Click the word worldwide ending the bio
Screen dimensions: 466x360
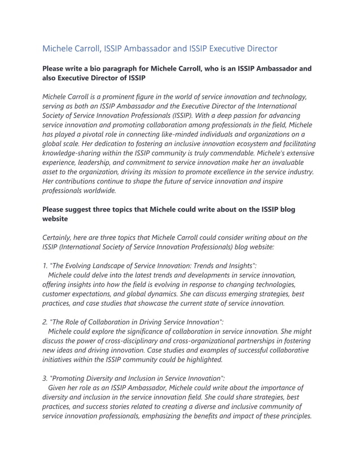pos(98,190)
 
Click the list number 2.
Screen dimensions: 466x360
pos(45,322)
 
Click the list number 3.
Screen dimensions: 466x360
pos(45,377)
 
